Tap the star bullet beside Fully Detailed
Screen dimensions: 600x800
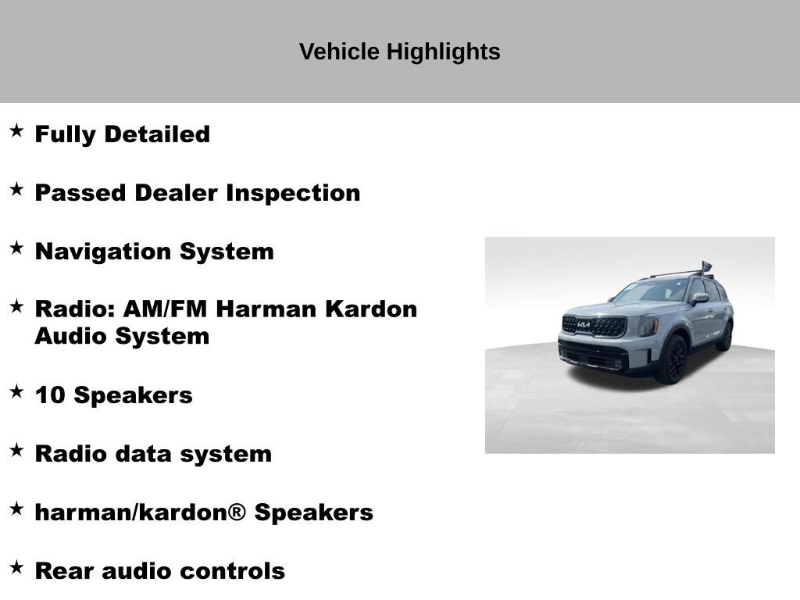coord(16,131)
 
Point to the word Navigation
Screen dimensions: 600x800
coord(104,252)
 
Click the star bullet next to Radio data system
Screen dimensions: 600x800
coord(16,451)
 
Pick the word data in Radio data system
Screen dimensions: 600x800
coord(143,454)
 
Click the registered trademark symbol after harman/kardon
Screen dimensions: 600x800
coord(237,512)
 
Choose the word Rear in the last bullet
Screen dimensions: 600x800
coord(64,571)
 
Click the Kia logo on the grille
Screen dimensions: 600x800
coord(584,323)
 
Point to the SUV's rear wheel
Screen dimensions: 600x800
coord(725,337)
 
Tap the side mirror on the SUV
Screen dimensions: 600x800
coord(698,298)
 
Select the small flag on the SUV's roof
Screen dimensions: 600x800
coord(706,267)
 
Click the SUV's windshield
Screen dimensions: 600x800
coord(650,291)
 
